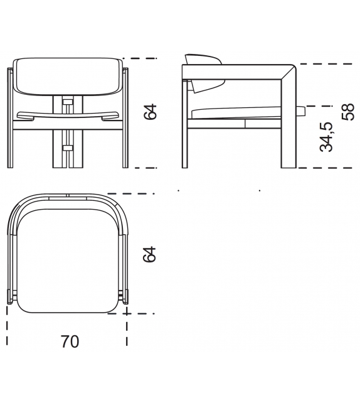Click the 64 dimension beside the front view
click(x=149, y=112)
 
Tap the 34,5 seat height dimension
click(x=326, y=137)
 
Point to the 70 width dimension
click(x=70, y=342)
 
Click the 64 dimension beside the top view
click(x=149, y=255)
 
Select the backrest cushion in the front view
click(x=68, y=75)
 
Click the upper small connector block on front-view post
click(x=67, y=100)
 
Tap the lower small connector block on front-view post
click(x=67, y=148)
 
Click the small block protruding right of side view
click(x=302, y=112)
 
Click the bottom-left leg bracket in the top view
click(x=11, y=296)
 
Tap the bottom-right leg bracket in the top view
click(x=124, y=296)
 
